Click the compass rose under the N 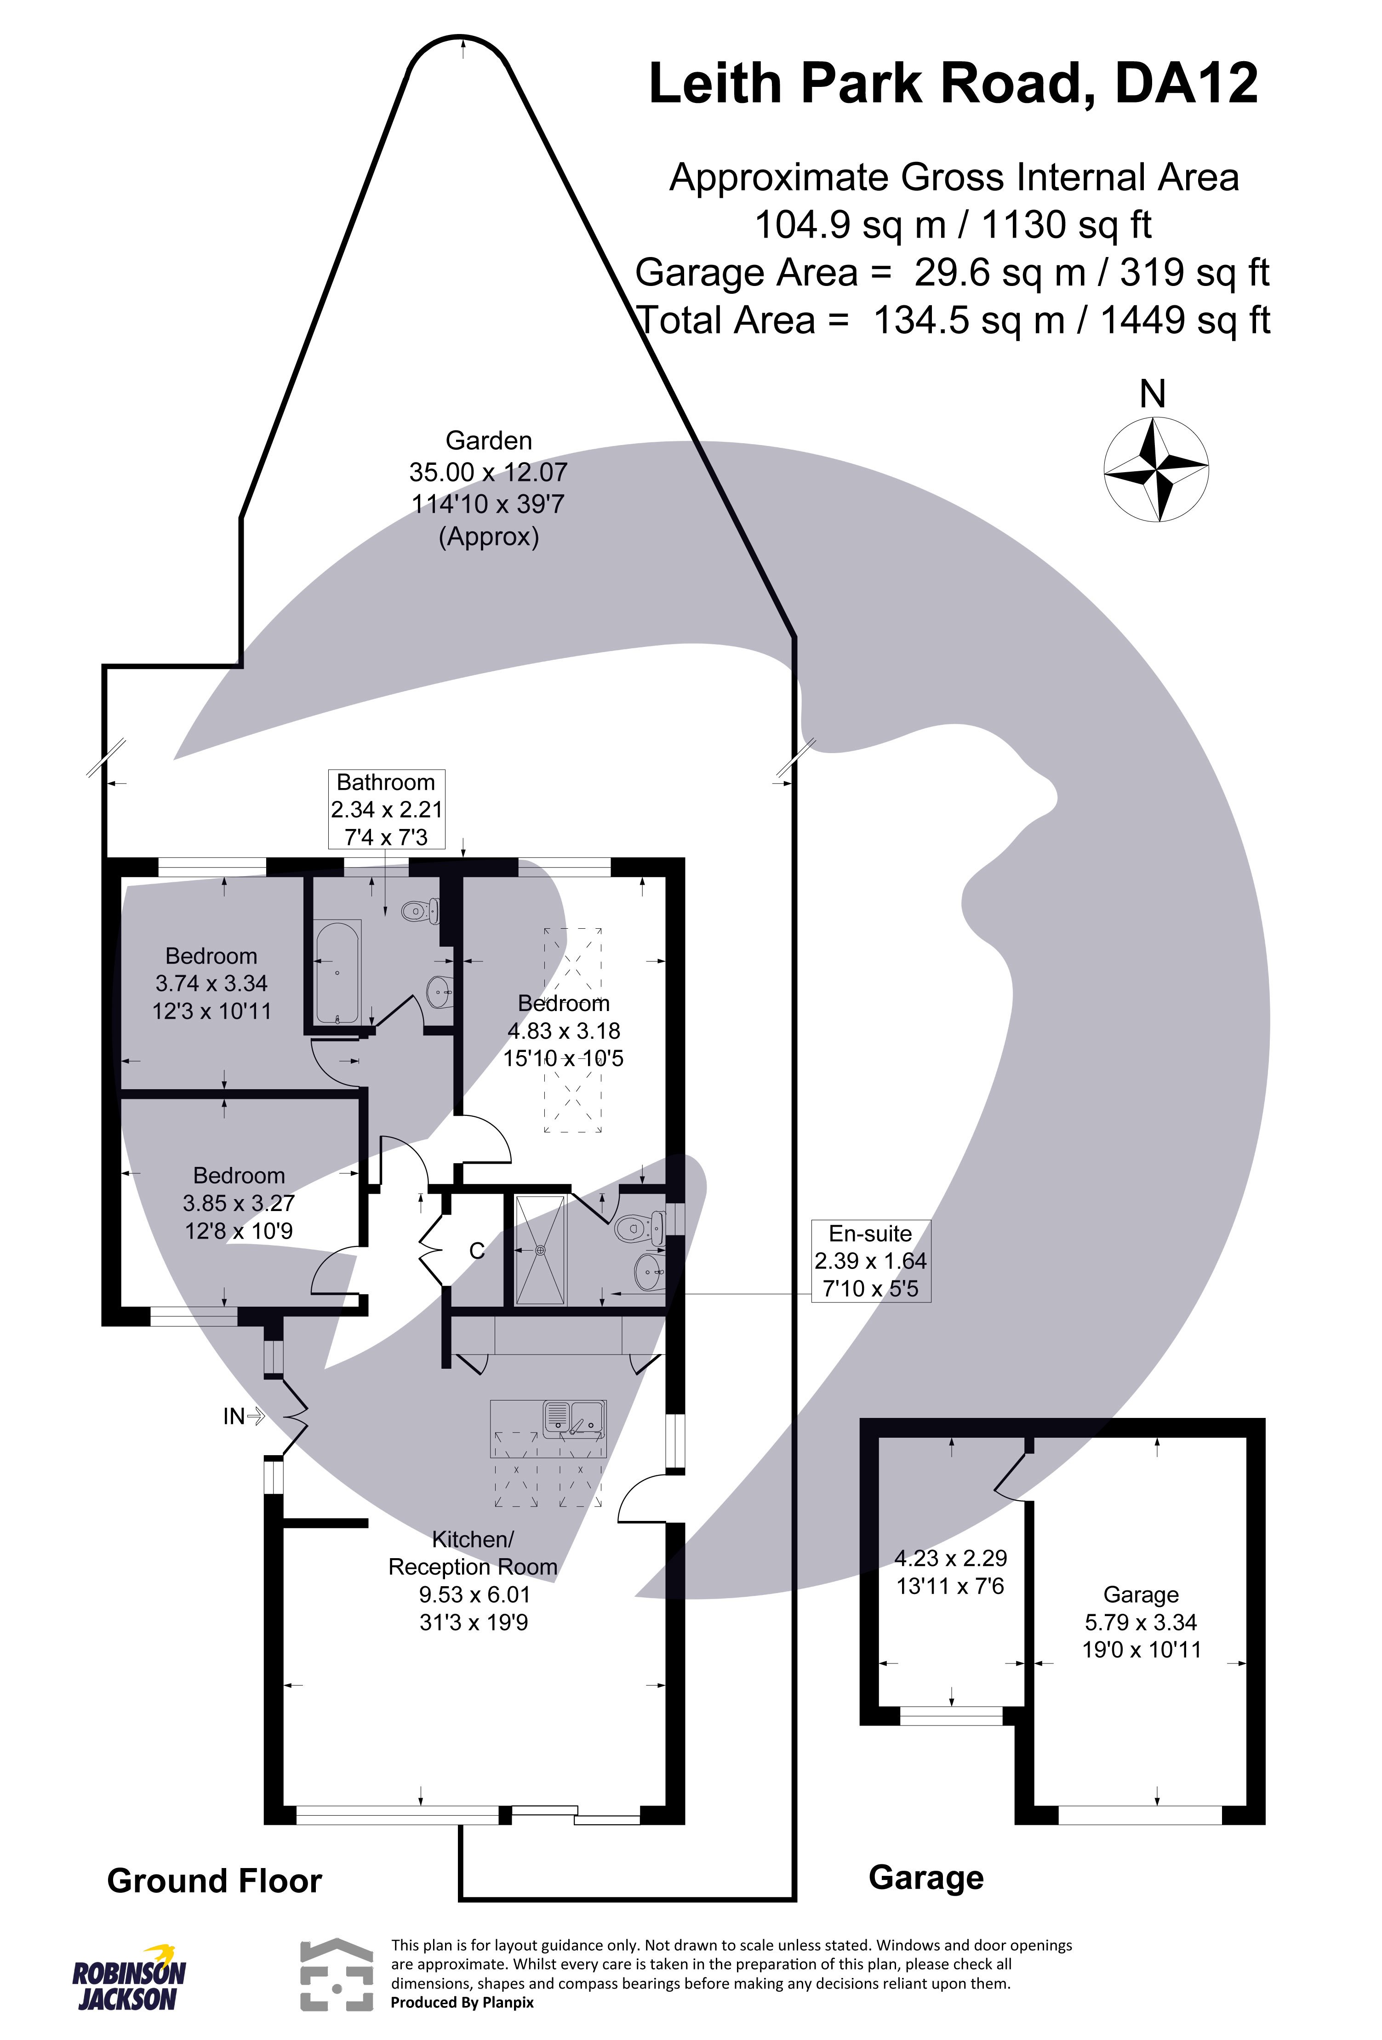[x=1155, y=469]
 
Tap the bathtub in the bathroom [x=336, y=971]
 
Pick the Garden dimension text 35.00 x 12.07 [x=488, y=472]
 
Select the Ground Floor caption [x=214, y=1881]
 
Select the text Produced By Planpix [x=462, y=2002]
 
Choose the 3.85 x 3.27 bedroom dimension [x=238, y=1204]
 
